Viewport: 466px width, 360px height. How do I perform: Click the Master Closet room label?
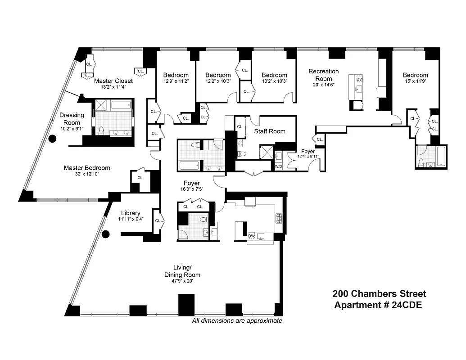click(x=113, y=81)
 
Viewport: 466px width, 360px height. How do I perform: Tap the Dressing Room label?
click(x=72, y=119)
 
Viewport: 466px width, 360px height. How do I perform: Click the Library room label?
click(x=131, y=213)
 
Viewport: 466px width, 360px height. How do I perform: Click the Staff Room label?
click(x=270, y=131)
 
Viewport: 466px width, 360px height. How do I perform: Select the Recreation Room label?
click(x=323, y=75)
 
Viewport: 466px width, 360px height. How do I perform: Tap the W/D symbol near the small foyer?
click(x=279, y=167)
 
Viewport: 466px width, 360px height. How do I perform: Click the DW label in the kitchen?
click(x=252, y=236)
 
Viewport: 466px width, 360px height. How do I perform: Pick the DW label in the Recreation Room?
click(x=360, y=80)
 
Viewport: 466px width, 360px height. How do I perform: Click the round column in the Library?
click(x=106, y=234)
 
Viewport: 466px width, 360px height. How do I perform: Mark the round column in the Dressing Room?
click(x=52, y=139)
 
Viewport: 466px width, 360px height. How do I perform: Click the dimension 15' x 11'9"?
click(x=415, y=81)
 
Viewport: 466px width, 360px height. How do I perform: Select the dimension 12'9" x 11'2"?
click(x=176, y=81)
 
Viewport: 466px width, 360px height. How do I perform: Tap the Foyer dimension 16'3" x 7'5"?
click(x=191, y=190)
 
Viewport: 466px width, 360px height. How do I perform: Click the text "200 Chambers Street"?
click(x=379, y=294)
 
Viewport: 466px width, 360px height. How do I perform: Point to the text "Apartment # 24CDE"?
click(x=379, y=305)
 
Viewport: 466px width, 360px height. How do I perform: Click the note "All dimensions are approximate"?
click(x=237, y=321)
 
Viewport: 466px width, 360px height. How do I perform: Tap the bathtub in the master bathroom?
click(x=120, y=106)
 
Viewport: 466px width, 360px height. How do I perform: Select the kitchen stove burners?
click(x=279, y=218)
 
